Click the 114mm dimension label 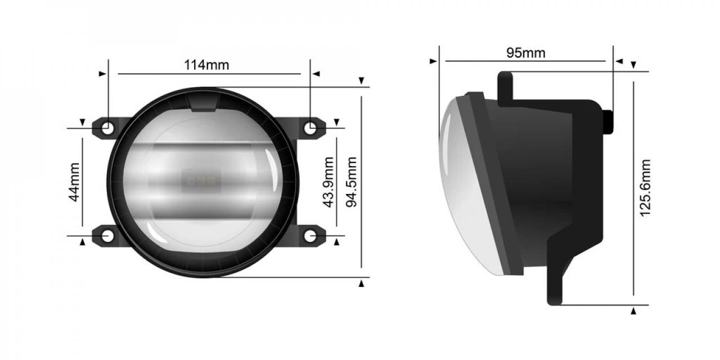(206, 65)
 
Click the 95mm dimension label (525, 53)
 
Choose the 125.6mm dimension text (645, 188)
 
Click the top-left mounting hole (107, 128)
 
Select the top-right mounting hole (310, 128)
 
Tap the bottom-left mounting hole (107, 236)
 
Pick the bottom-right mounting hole (310, 236)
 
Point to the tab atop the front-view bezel (204, 103)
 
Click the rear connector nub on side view (608, 121)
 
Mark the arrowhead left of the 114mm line (102, 74)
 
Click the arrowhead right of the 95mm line (619, 61)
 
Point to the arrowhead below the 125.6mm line (634, 310)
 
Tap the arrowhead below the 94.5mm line (362, 283)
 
